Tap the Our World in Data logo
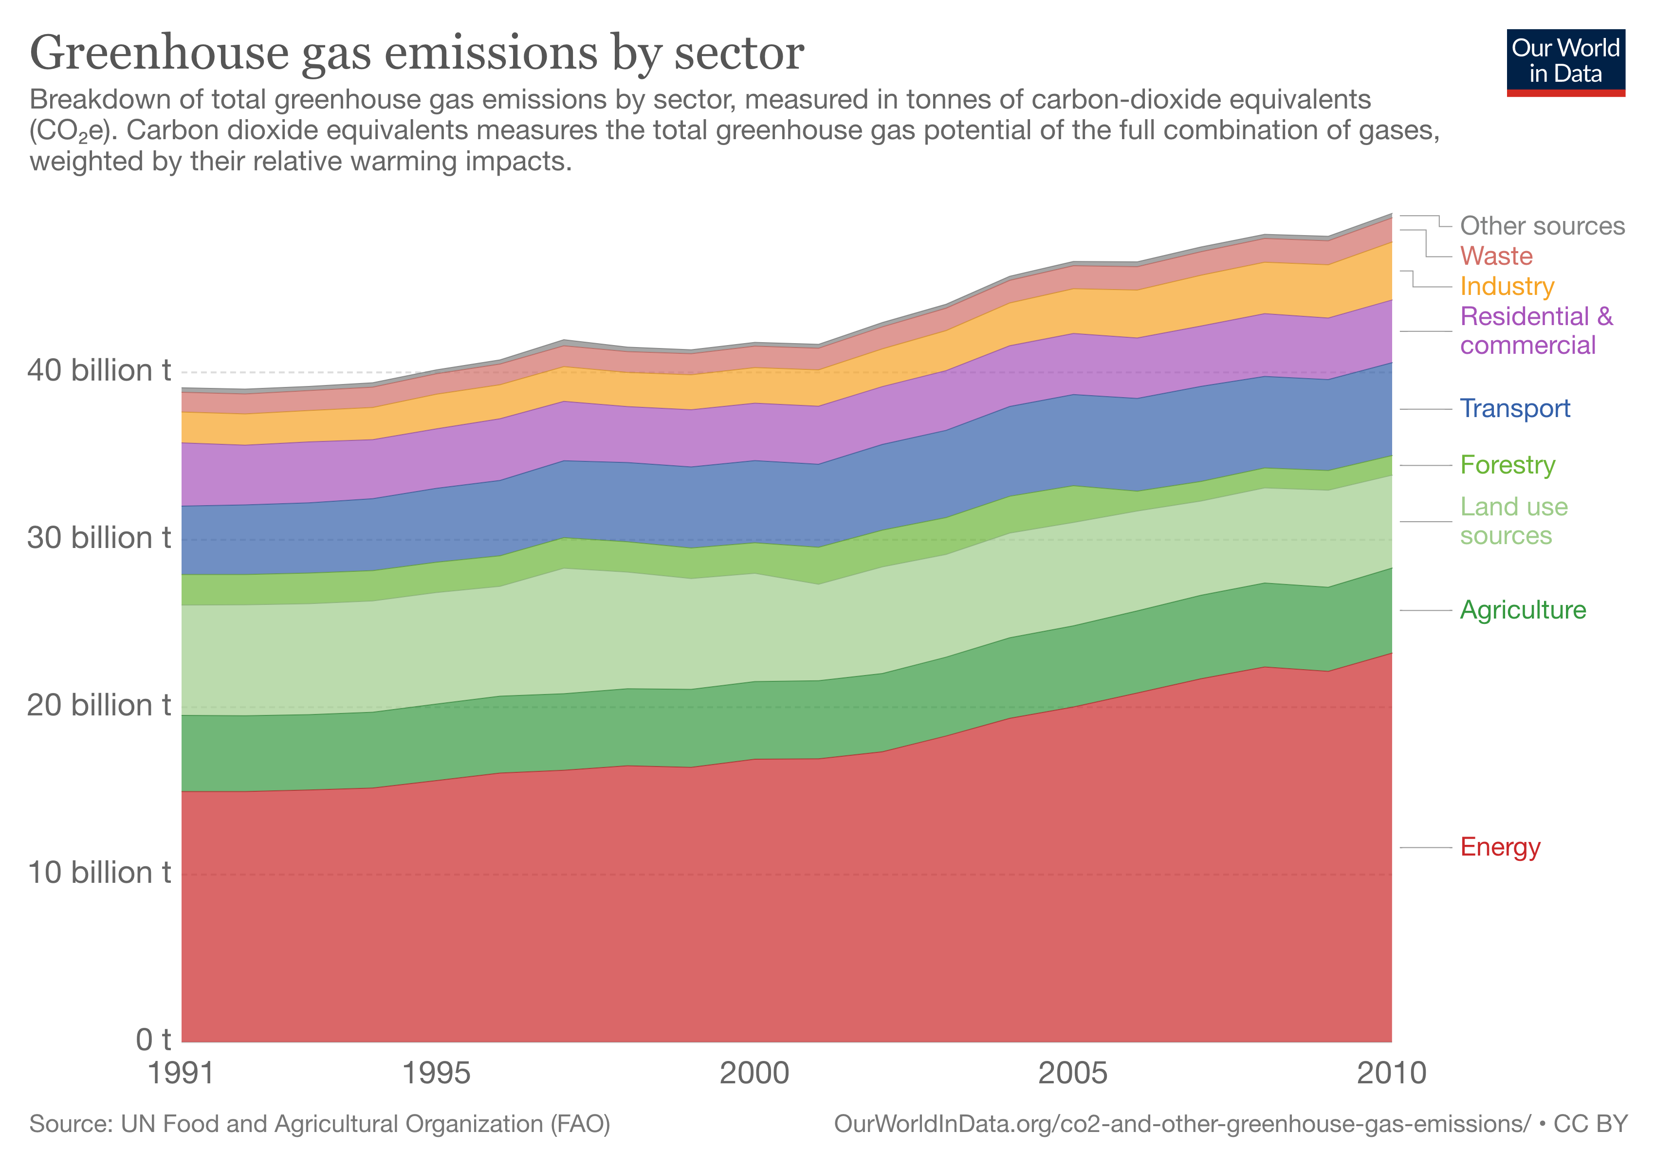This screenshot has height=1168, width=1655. point(1565,62)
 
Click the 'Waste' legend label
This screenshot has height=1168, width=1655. point(1496,256)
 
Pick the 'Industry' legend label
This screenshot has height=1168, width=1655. point(1507,286)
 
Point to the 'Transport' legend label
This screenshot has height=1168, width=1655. point(1514,408)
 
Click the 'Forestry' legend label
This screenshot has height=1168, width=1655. point(1507,465)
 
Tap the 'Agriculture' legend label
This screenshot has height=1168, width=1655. point(1523,610)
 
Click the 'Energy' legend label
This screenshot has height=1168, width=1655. point(1500,847)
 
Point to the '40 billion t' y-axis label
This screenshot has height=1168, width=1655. point(99,370)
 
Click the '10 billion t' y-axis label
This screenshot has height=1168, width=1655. point(99,873)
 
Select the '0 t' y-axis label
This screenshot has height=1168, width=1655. point(153,1040)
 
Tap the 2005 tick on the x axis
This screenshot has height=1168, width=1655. point(1072,1074)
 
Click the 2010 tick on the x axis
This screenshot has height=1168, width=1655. point(1391,1074)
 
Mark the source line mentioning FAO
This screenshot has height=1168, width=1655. point(319,1124)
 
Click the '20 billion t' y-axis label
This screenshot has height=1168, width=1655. point(99,705)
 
